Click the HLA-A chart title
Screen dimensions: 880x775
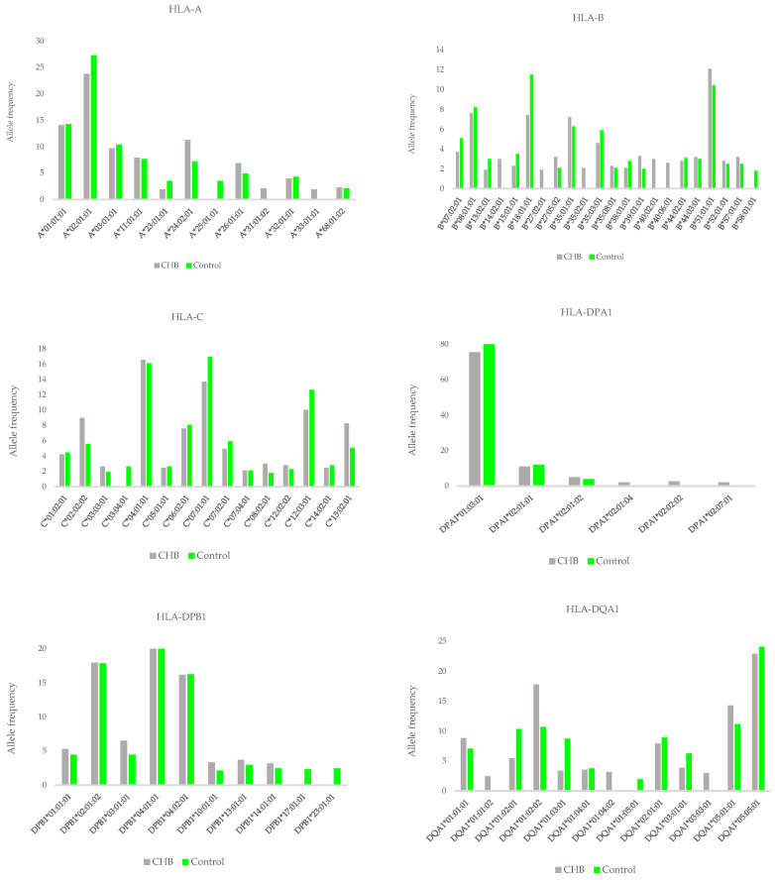pos(194,11)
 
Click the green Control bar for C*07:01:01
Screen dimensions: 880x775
pos(209,421)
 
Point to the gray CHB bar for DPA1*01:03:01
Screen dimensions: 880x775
pos(475,419)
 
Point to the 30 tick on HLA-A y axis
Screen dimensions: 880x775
pos(39,41)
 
